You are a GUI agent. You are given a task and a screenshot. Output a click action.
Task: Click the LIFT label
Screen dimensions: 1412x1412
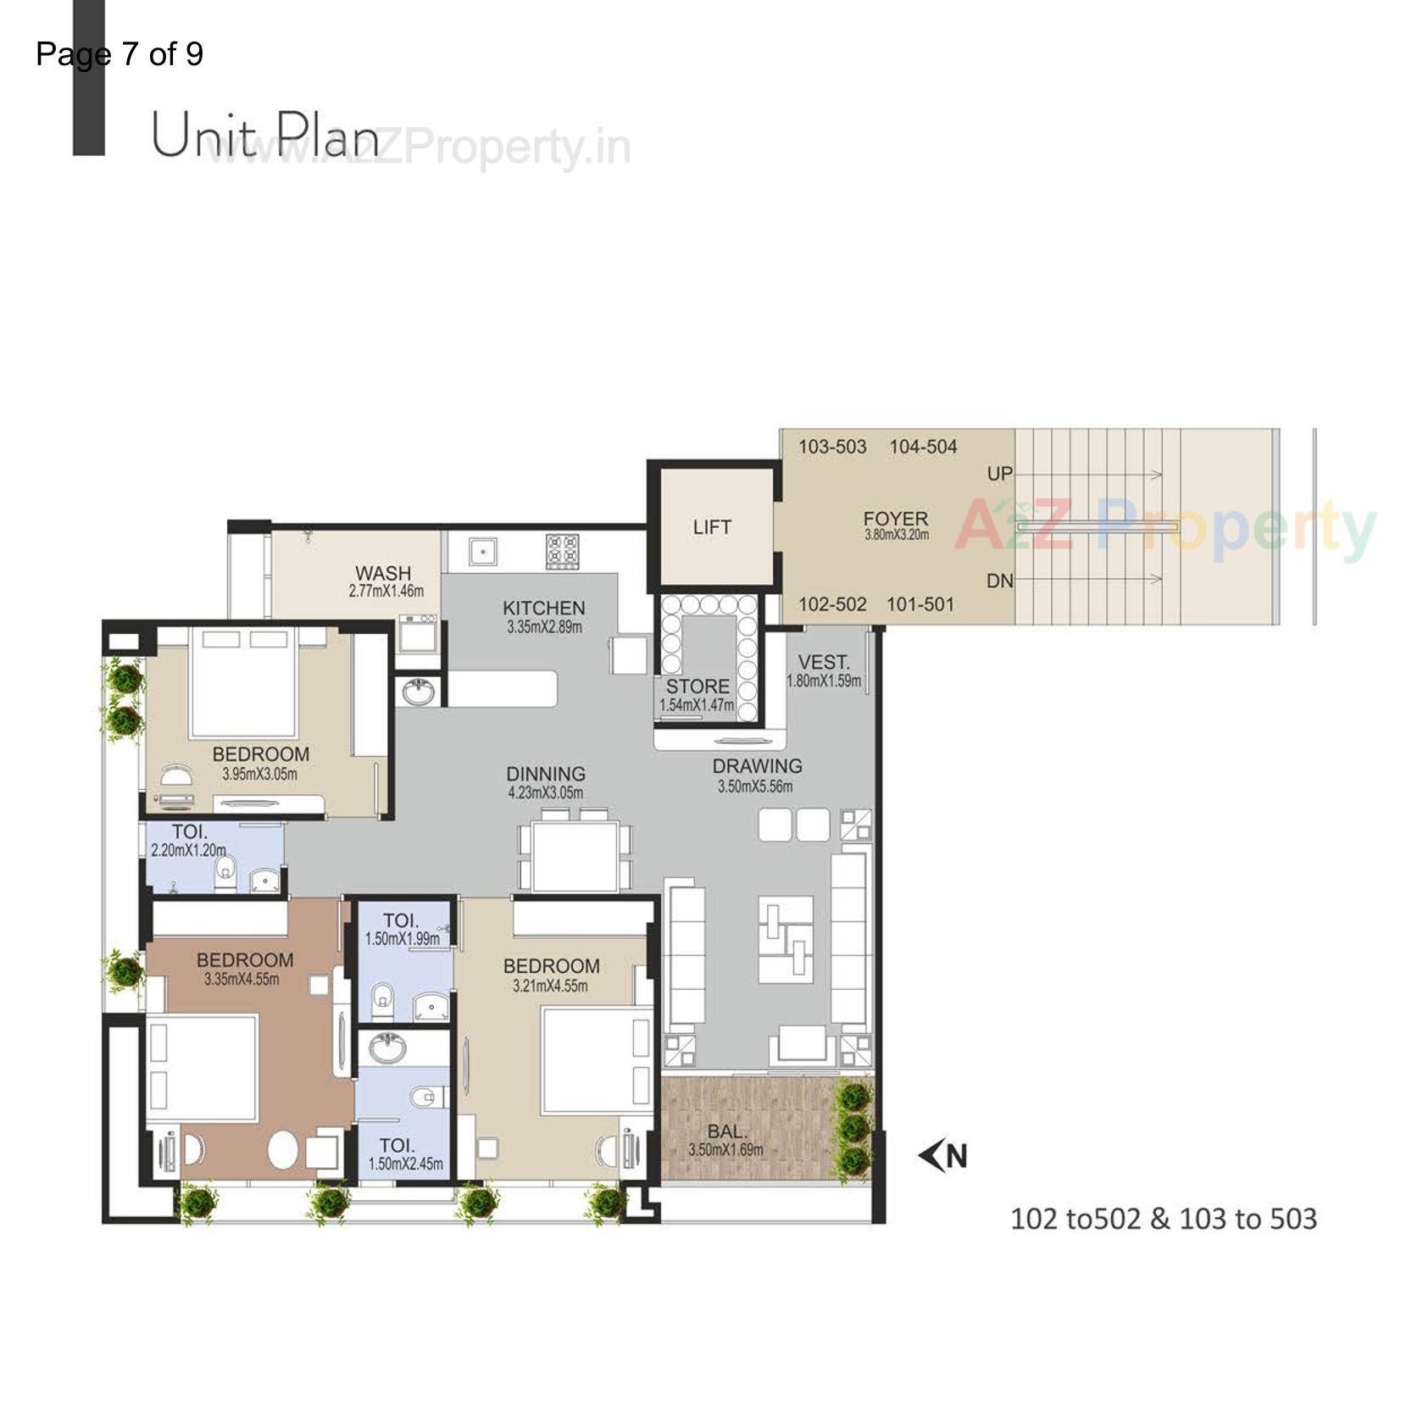pyautogui.click(x=711, y=527)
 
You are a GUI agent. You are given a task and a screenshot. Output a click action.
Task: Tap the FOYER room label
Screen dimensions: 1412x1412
pyautogui.click(x=895, y=519)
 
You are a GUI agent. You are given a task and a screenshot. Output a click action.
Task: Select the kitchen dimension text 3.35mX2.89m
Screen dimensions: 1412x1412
pyautogui.click(x=544, y=628)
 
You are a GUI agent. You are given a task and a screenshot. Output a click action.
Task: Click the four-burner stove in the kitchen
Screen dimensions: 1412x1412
pyautogui.click(x=563, y=551)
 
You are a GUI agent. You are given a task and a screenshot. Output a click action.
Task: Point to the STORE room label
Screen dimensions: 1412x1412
pyautogui.click(x=697, y=687)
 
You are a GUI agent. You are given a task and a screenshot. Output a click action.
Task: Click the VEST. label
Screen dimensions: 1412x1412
pyautogui.click(x=823, y=663)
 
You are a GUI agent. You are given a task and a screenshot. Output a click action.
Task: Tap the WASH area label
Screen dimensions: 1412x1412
pyautogui.click(x=383, y=574)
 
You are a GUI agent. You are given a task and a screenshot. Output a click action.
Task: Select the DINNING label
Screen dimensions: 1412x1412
pyautogui.click(x=546, y=774)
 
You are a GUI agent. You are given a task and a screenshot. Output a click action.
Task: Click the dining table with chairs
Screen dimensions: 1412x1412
pyautogui.click(x=575, y=854)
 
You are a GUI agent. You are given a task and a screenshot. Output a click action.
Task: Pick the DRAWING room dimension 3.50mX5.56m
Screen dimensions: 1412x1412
pyautogui.click(x=755, y=787)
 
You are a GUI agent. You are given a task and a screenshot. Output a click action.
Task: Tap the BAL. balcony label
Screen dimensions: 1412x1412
pyautogui.click(x=726, y=1131)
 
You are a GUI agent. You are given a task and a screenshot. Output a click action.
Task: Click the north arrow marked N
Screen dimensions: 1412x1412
pyautogui.click(x=944, y=1156)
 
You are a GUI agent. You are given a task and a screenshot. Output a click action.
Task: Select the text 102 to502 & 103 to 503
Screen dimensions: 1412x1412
pyautogui.click(x=1163, y=1219)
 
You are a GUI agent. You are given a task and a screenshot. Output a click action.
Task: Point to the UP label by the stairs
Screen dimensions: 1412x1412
pyautogui.click(x=999, y=474)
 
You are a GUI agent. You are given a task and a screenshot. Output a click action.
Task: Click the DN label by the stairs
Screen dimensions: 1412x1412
pyautogui.click(x=999, y=581)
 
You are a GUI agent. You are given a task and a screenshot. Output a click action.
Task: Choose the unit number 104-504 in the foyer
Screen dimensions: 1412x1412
pyautogui.click(x=922, y=447)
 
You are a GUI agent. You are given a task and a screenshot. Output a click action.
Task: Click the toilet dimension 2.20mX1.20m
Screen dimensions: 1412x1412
pyautogui.click(x=188, y=850)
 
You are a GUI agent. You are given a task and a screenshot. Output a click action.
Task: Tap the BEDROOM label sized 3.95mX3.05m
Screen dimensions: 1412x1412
pyautogui.click(x=260, y=754)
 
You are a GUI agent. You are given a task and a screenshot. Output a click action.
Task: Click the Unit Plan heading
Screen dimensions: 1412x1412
pyautogui.click(x=265, y=136)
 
